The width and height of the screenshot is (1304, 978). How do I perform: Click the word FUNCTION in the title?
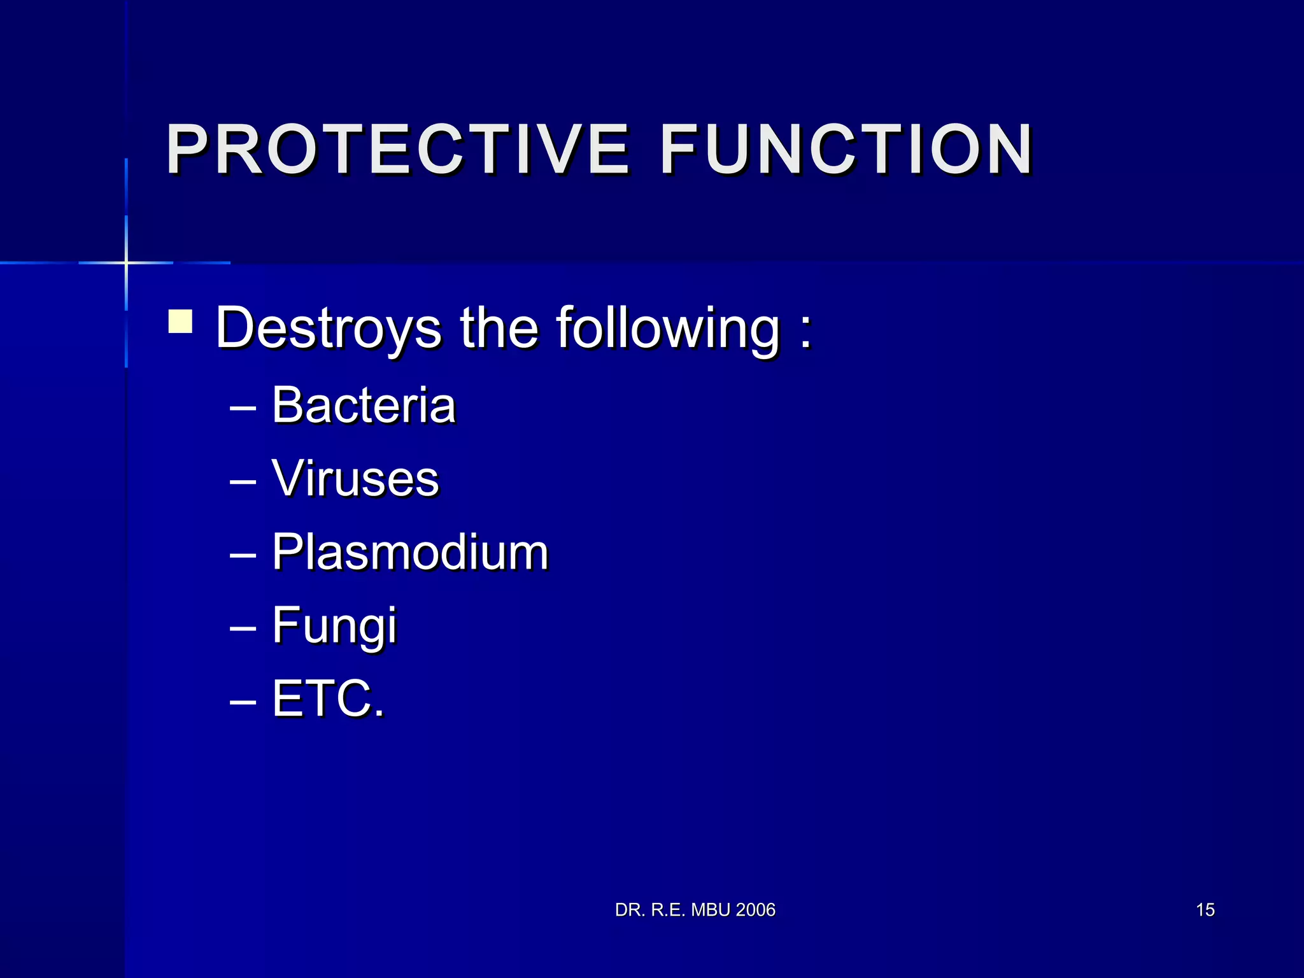846,149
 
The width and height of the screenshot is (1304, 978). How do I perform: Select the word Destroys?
328,328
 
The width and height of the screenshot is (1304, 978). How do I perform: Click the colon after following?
806,331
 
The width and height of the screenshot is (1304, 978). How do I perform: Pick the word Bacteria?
364,406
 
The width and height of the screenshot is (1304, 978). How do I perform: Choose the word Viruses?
355,479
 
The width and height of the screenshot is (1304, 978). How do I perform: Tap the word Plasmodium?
409,552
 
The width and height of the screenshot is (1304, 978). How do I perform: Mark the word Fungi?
334,626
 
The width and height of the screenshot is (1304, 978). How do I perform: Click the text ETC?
328,698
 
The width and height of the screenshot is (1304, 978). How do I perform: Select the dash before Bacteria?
243,408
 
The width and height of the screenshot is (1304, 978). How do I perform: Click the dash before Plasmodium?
243,555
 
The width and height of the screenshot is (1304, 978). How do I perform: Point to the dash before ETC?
243,701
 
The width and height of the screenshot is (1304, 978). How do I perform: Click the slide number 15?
1205,910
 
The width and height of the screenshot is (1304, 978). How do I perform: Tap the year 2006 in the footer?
755,910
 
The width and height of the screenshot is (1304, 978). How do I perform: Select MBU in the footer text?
711,910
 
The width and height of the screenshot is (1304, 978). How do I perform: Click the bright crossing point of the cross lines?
126,262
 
